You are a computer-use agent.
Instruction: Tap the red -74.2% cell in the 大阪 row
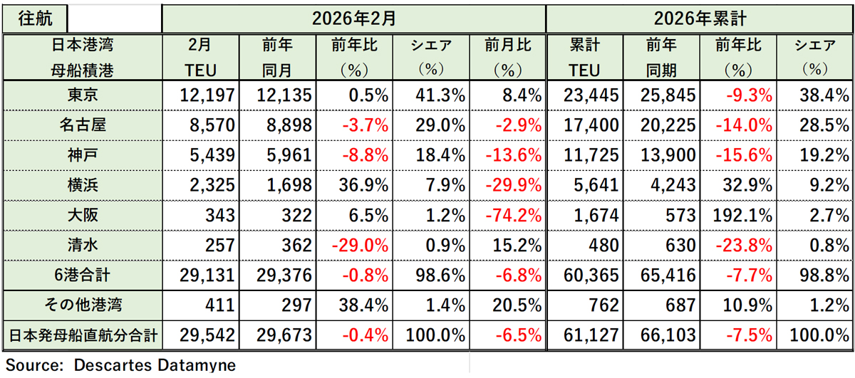click(509, 215)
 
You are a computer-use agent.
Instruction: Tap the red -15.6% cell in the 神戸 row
click(741, 154)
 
